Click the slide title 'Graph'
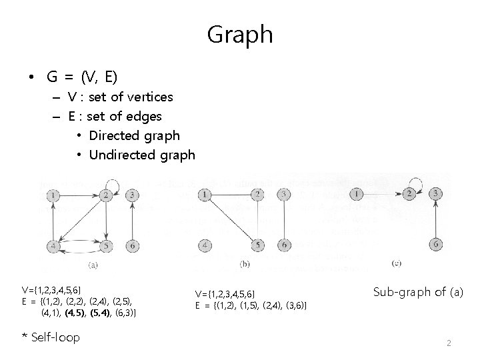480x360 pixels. [240, 34]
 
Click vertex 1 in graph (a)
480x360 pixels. [53, 195]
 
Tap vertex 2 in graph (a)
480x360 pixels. [106, 195]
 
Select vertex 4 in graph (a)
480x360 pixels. [53, 245]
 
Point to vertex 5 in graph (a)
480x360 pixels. [106, 245]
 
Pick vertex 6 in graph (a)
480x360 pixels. [133, 245]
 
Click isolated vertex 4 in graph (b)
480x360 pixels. [206, 245]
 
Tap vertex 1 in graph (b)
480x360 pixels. [206, 195]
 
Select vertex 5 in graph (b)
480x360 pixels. [258, 245]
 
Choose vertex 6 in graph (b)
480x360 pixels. [284, 245]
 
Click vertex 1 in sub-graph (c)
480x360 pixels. [358, 194]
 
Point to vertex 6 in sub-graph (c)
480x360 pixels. [436, 244]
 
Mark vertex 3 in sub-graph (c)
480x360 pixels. [436, 194]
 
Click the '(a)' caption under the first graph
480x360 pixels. [93, 265]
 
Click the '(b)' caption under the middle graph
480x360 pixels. [245, 265]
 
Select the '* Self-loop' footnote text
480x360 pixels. [51, 337]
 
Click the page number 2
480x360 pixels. [449, 343]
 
